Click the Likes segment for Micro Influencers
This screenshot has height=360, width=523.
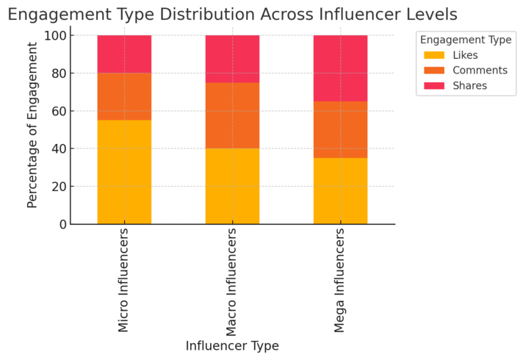click(124, 172)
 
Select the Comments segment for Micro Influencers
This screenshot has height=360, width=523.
click(124, 96)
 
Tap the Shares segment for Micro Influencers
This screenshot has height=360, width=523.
click(124, 54)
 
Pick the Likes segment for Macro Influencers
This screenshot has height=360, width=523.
click(232, 186)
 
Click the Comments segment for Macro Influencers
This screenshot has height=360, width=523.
click(232, 115)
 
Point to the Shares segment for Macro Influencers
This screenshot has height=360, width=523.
click(232, 59)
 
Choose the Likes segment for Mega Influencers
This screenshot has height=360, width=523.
click(340, 190)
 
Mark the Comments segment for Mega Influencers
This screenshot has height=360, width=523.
click(340, 129)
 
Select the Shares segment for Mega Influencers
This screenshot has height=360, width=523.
click(340, 68)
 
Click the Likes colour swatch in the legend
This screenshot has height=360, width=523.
click(434, 55)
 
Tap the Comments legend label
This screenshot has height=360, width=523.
click(480, 71)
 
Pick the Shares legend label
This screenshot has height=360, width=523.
click(470, 86)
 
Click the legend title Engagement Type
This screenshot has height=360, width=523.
click(466, 40)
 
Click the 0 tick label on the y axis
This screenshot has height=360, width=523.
click(62, 224)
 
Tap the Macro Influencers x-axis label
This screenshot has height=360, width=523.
click(232, 279)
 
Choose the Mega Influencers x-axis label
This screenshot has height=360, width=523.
click(340, 279)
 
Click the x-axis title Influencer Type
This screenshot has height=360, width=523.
click(232, 346)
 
